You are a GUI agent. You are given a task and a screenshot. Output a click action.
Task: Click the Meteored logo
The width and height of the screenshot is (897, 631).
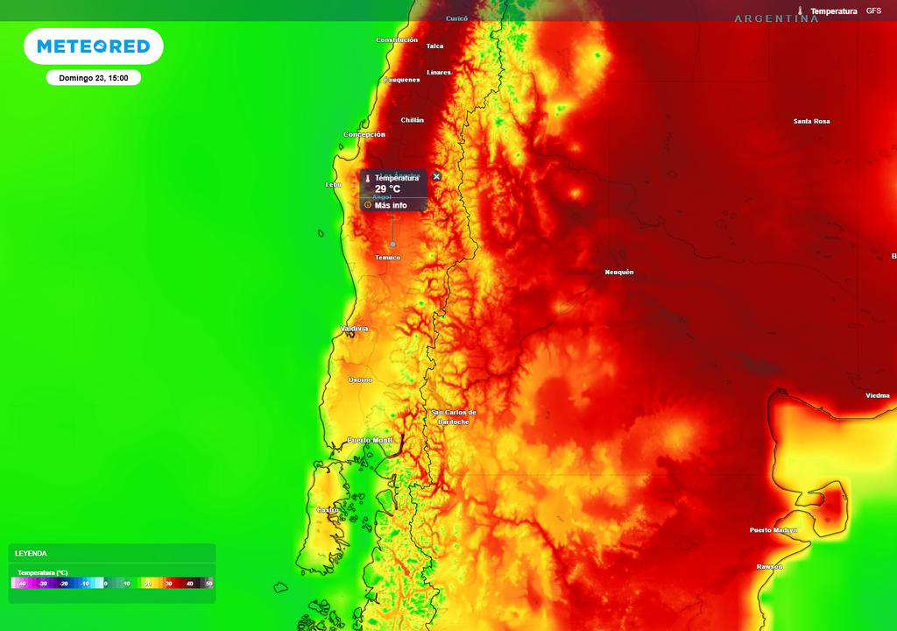93,46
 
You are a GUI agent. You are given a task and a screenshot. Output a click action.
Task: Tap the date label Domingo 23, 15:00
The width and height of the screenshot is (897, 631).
94,78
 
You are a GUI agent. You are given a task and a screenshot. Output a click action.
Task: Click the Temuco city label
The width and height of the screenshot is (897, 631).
387,258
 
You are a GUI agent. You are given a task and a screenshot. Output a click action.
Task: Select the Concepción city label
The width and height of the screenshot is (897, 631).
364,135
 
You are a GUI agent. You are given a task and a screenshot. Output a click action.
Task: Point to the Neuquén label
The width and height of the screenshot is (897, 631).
618,273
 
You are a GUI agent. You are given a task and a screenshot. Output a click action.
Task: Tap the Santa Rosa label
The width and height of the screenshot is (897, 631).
811,121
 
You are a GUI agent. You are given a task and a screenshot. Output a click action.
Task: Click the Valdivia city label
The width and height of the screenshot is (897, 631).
354,329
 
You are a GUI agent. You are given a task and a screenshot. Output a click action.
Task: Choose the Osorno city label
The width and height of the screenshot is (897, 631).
360,379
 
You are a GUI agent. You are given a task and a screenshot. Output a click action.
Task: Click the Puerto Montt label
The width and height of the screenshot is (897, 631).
370,440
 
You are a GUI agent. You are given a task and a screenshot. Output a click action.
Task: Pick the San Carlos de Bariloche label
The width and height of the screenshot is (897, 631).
454,417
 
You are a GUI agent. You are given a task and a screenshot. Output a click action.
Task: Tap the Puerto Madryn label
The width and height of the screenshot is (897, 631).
773,530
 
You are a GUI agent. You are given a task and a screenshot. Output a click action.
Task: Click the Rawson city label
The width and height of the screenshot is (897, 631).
769,566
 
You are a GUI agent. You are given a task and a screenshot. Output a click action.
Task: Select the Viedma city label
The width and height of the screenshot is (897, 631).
877,395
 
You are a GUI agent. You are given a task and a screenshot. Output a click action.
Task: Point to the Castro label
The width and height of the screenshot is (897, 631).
328,510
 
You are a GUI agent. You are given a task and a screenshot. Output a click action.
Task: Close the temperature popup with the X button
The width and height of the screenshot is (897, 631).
437,176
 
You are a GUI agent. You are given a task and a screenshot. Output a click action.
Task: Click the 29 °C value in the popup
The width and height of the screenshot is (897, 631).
387,189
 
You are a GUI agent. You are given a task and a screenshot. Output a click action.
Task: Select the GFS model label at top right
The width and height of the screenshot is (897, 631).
873,11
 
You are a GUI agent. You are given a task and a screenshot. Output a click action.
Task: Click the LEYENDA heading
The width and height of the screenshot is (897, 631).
32,553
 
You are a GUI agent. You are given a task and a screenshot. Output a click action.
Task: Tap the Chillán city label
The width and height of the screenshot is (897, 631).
412,120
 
